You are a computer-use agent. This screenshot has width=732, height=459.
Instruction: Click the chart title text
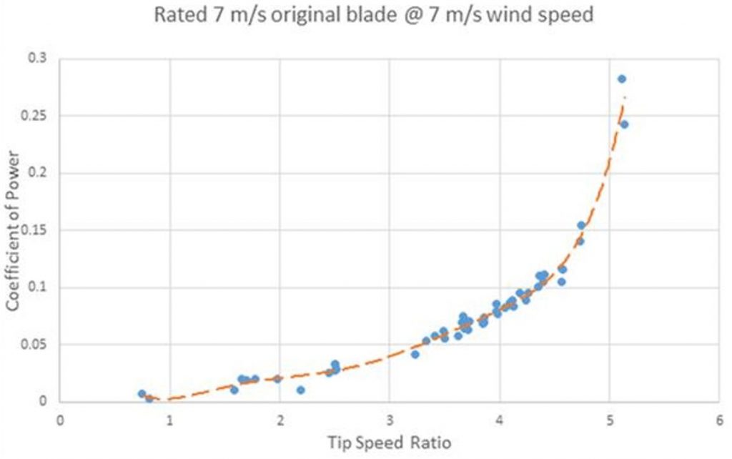pos(374,14)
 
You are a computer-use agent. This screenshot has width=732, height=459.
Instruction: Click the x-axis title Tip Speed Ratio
pos(389,443)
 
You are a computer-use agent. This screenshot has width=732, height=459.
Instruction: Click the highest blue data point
pos(621,79)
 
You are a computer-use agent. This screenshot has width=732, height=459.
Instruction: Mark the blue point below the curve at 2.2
pos(301,390)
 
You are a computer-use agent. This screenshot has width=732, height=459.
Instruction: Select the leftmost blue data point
pos(142,394)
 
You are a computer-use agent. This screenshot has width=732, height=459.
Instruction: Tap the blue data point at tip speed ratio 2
pos(277,378)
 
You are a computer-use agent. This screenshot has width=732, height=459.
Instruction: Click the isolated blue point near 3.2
pos(415,354)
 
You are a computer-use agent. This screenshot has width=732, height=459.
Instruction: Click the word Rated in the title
pos(178,14)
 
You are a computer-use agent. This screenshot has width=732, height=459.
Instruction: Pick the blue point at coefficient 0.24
pos(624,124)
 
